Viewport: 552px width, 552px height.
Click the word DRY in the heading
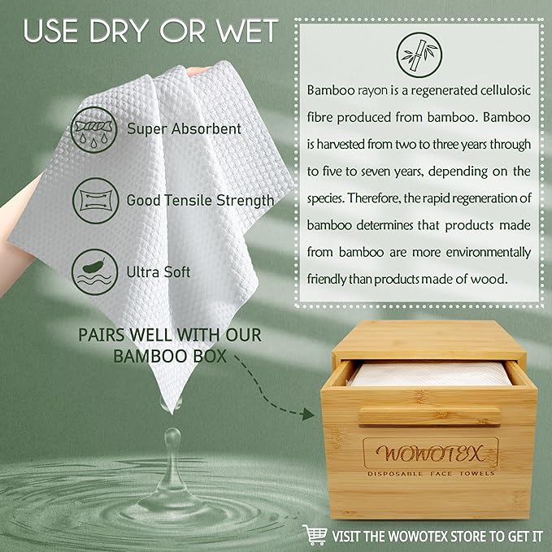click(113, 30)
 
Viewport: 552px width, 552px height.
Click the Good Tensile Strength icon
click(93, 199)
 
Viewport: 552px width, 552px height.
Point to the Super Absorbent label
click(184, 128)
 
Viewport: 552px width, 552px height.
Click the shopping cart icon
click(315, 534)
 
